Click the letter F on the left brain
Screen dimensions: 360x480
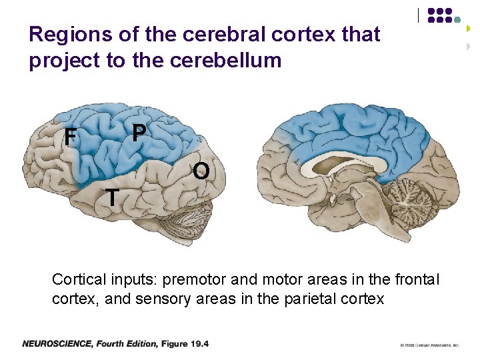coord(69,138)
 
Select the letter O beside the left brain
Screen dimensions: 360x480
coord(201,172)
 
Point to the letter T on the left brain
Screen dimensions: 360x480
coord(113,197)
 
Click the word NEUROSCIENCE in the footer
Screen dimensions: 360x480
coord(57,344)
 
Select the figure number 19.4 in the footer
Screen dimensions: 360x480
coord(198,344)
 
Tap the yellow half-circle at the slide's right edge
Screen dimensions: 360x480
coord(469,29)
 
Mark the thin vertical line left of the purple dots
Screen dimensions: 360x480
coord(419,15)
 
